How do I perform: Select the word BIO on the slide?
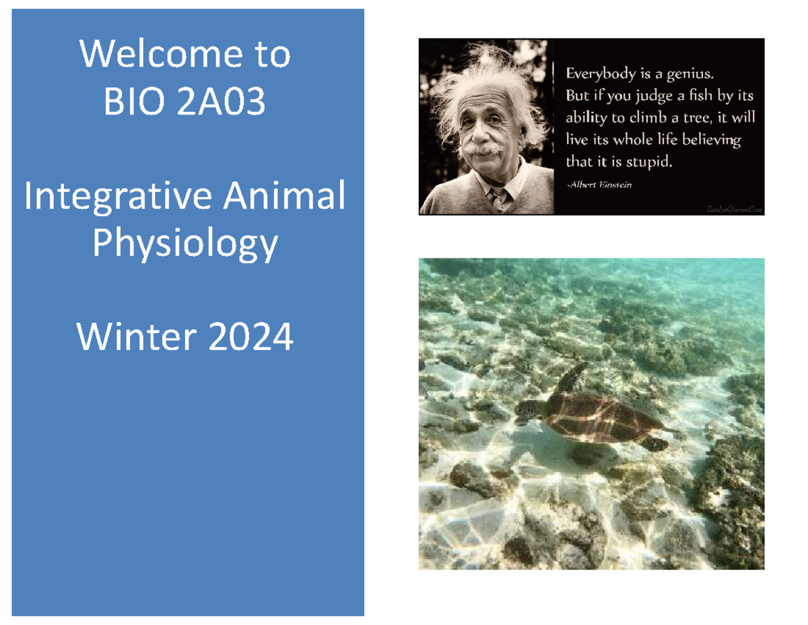[x=129, y=103]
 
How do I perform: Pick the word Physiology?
[x=185, y=245]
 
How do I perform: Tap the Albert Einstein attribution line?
[x=600, y=185]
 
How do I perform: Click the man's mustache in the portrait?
[x=482, y=148]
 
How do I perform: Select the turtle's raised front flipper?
[x=572, y=377]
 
